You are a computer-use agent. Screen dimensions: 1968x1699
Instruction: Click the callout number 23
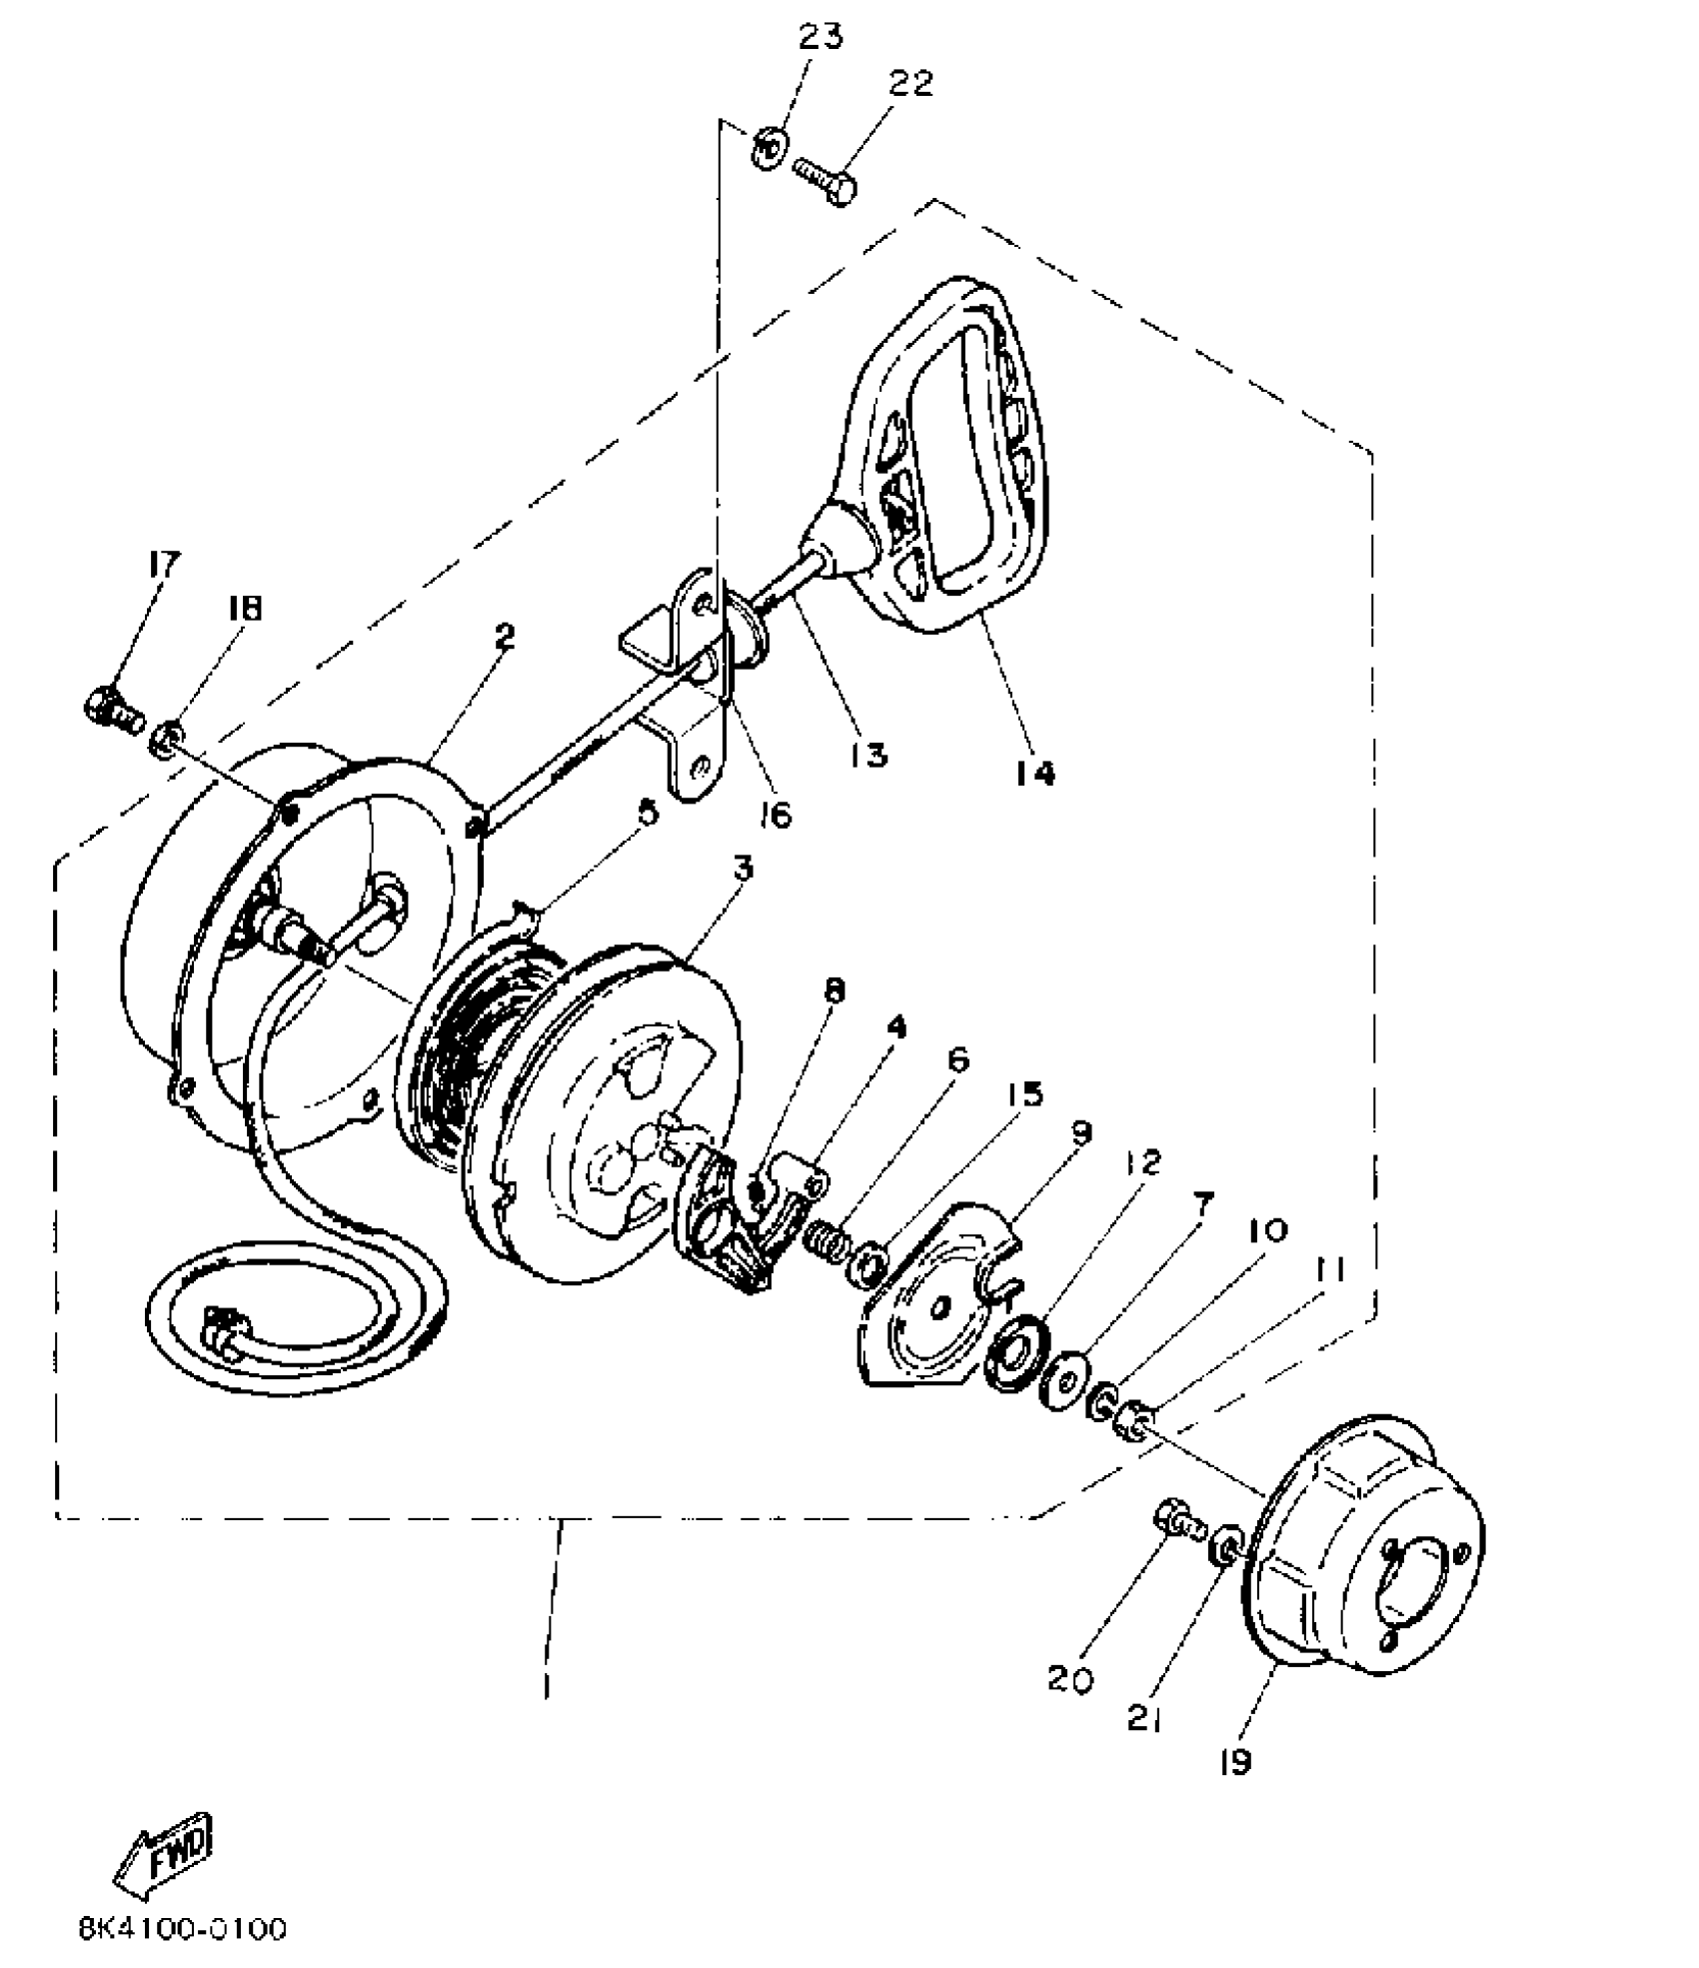tap(820, 36)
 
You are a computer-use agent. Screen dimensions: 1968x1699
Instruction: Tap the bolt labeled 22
tap(826, 179)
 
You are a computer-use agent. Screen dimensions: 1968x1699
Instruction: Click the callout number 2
tap(505, 637)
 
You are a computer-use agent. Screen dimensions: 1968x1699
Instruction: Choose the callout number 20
tap(1070, 1679)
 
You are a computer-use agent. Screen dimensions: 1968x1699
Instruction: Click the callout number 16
tap(775, 815)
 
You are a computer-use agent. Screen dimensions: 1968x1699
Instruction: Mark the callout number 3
tap(742, 870)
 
